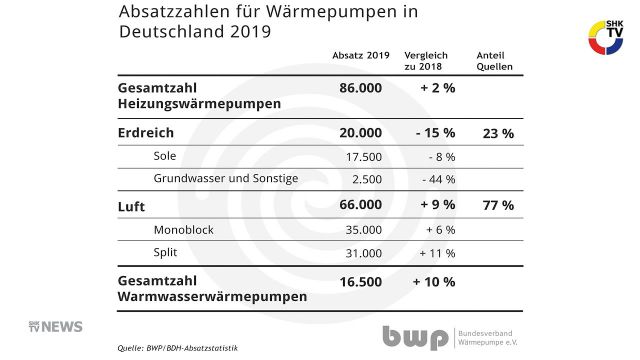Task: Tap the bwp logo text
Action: (x=415, y=336)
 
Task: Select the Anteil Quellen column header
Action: (x=492, y=61)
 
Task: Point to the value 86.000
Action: (x=361, y=88)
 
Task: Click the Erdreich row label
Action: (x=147, y=133)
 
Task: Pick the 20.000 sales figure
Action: (x=361, y=133)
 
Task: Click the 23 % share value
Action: (x=498, y=133)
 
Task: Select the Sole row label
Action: (x=165, y=156)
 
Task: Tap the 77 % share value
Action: (x=498, y=205)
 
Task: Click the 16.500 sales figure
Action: (x=361, y=283)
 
